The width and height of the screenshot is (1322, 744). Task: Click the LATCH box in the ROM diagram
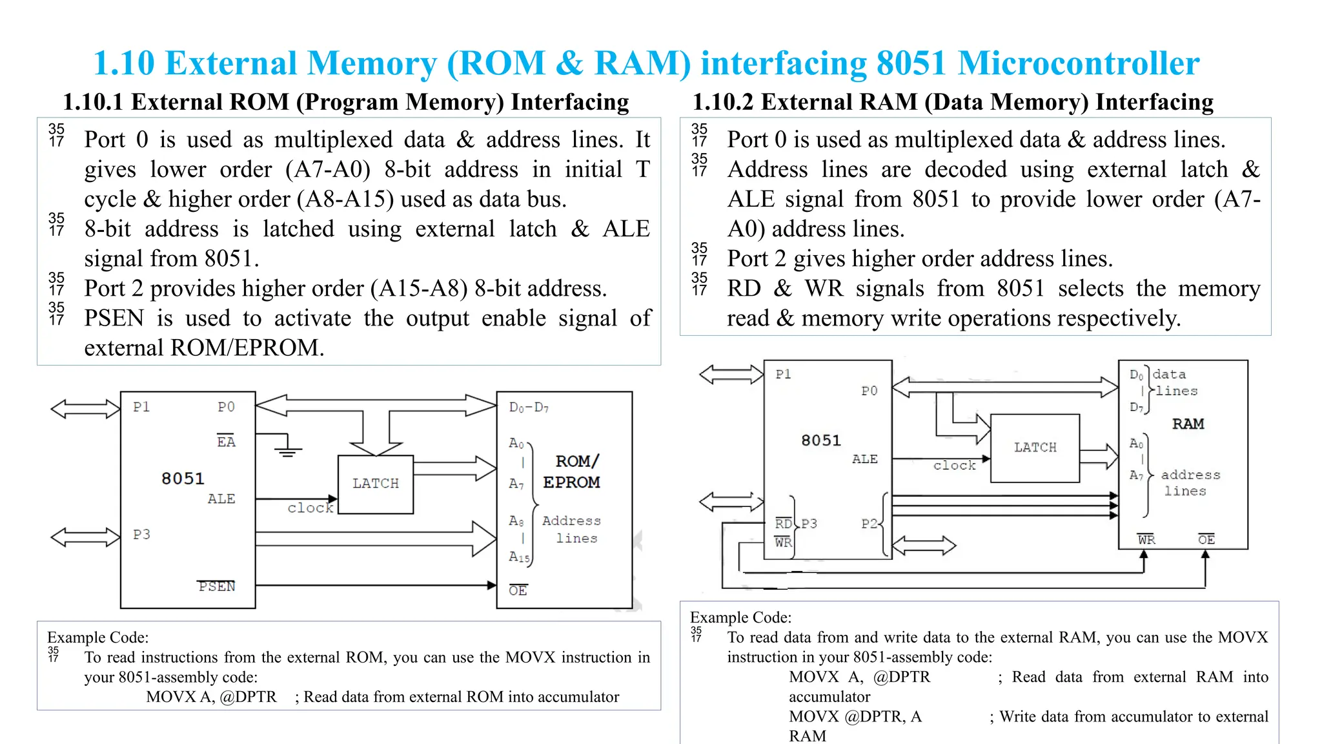[x=376, y=484]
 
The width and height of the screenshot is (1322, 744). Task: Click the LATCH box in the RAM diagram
[x=1035, y=448]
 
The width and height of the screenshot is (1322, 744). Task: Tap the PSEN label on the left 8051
[x=216, y=586]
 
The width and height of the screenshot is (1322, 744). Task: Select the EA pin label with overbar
[x=226, y=442]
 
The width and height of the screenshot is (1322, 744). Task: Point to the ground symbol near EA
[x=288, y=451]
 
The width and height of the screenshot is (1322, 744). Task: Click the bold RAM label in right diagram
[x=1188, y=424]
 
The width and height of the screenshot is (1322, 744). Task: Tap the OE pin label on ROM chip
[x=518, y=590]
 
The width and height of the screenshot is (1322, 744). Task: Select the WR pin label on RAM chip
[x=1146, y=539]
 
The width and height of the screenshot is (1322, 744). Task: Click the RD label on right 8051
[x=783, y=524]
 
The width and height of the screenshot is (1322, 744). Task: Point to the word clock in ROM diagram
[x=310, y=508]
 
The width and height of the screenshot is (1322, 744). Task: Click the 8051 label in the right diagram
[x=821, y=440]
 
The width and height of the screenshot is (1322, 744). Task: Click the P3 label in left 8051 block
[x=141, y=534]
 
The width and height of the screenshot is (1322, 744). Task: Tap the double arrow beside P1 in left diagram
[x=85, y=409]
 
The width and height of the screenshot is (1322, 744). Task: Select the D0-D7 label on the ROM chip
[x=529, y=408]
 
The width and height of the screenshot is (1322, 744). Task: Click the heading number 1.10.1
[x=94, y=102]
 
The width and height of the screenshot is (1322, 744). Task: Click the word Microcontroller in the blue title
[x=1078, y=63]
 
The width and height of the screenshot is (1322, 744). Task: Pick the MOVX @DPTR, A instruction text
[x=855, y=717]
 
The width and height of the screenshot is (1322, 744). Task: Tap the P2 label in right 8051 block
[x=869, y=524]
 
